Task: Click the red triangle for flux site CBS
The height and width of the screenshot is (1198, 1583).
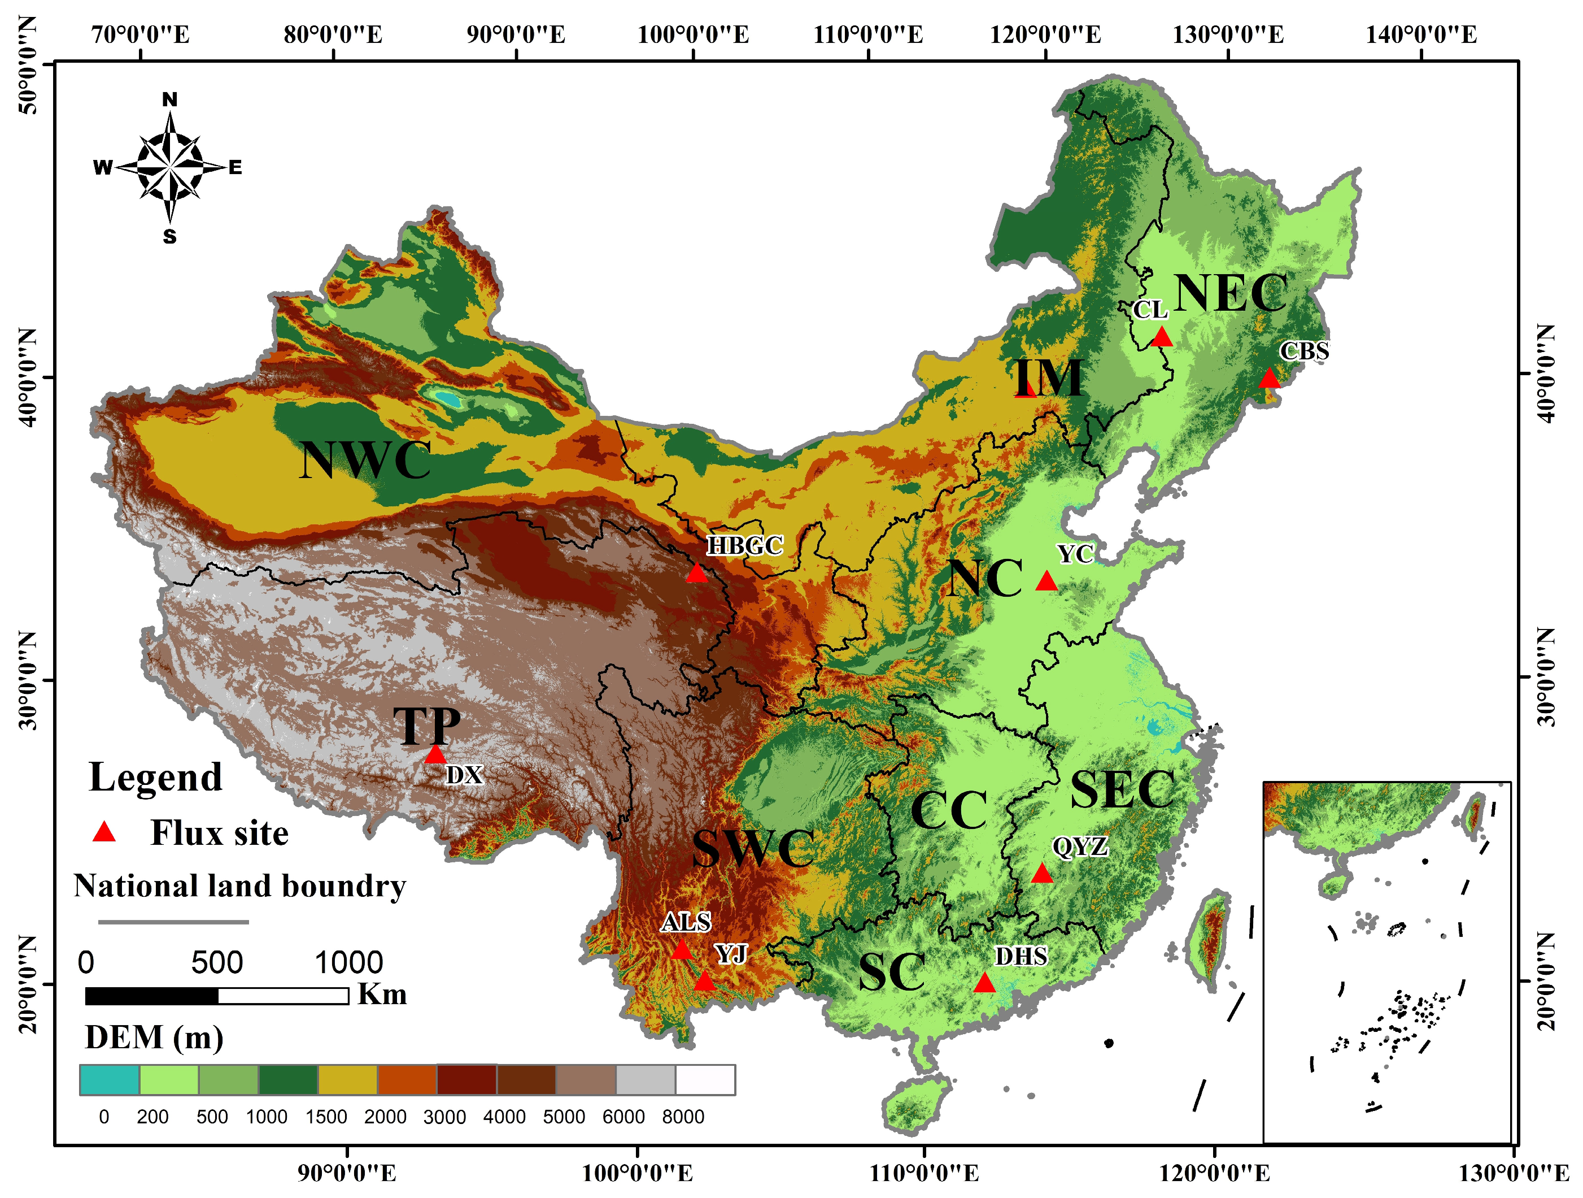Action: pos(1269,378)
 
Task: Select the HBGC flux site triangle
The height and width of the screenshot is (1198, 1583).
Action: pos(696,574)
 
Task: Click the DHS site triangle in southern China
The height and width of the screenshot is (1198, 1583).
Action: pos(985,983)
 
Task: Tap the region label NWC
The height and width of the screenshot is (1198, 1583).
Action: pos(365,460)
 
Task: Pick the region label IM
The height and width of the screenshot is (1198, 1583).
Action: pos(1048,378)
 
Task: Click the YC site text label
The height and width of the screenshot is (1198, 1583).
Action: pos(1075,554)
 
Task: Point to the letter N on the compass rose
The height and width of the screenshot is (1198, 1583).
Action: pos(169,99)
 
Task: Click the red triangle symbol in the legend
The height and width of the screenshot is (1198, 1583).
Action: pos(104,832)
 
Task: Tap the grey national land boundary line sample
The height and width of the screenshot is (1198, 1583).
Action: pos(173,922)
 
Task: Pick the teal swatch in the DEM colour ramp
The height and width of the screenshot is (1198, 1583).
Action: pos(109,1080)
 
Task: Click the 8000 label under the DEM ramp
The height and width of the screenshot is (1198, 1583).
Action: pos(682,1117)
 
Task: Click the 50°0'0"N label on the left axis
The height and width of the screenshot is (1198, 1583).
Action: pos(27,64)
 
